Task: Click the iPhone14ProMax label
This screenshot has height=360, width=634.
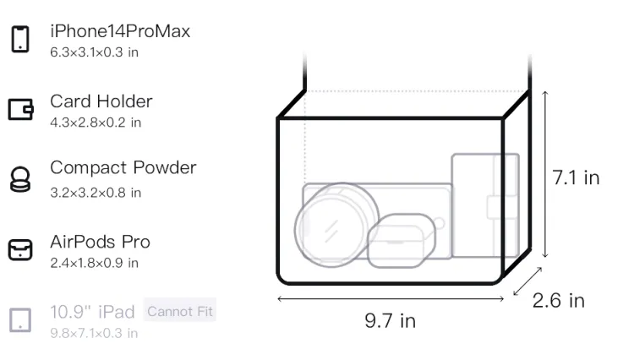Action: point(120,31)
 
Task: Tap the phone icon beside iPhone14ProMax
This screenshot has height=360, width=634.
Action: point(20,39)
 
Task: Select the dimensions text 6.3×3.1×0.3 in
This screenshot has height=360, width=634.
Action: point(94,52)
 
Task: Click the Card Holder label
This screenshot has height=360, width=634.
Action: point(101,101)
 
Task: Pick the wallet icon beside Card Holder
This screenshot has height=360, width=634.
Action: point(20,109)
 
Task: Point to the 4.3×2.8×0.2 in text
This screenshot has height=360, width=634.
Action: point(96,123)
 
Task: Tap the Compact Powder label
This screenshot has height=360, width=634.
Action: point(123,167)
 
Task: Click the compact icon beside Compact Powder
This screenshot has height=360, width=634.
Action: point(19,179)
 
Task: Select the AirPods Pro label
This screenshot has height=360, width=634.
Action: point(100,242)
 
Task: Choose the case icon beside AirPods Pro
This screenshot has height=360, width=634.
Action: point(20,249)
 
